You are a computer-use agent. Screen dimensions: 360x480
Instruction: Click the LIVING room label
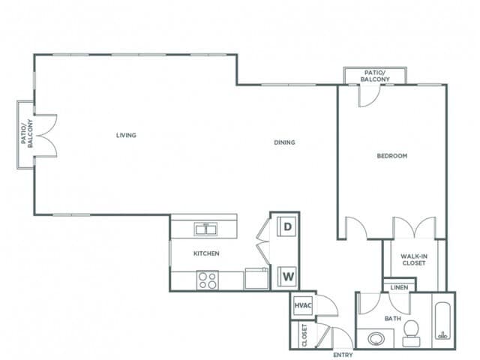(126, 136)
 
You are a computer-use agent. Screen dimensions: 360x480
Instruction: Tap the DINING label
(284, 142)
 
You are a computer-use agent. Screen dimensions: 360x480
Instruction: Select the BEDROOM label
(391, 156)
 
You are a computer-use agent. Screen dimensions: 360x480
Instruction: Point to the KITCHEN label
(206, 253)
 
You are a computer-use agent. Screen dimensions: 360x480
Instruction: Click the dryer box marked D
(287, 227)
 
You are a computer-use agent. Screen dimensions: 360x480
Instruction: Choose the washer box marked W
(287, 277)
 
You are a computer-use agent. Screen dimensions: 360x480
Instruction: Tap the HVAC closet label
(303, 305)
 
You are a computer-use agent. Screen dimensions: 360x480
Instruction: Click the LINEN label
(398, 287)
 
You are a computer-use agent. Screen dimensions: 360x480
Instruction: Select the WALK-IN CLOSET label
(413, 259)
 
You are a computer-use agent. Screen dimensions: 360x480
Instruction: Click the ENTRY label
(343, 354)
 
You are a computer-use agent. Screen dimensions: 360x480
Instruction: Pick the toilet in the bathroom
(411, 332)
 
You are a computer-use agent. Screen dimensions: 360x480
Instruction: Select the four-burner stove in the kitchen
(207, 280)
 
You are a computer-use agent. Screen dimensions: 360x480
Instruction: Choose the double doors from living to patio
(46, 135)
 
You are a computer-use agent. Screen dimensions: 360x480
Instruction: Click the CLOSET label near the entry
(304, 335)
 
